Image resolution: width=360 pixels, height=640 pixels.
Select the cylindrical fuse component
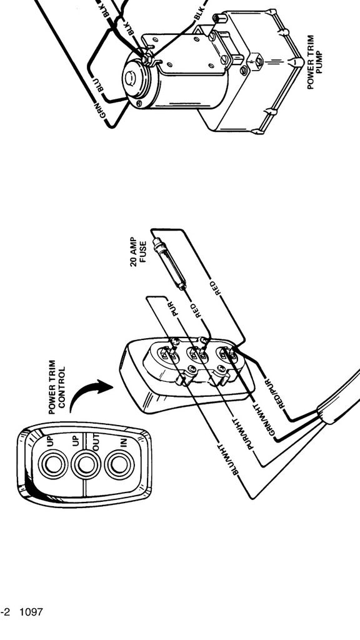point(169,264)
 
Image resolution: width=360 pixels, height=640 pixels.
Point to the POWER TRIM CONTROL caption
point(57,386)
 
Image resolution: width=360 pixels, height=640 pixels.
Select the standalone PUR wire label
point(174,309)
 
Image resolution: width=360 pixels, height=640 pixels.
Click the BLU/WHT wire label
point(227,459)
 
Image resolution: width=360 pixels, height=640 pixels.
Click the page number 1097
point(31,612)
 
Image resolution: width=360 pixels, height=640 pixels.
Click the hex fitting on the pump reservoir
point(257,62)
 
